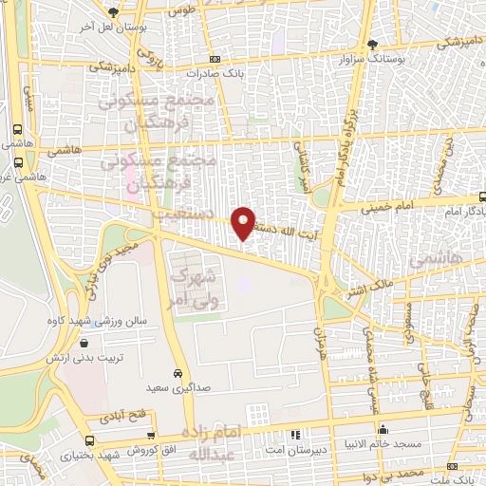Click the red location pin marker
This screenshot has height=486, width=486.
coord(244,222)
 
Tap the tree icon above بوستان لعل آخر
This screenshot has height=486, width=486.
coord(113,12)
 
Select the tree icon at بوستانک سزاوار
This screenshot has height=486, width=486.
coord(375,44)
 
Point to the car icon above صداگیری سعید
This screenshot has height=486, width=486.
coord(178,373)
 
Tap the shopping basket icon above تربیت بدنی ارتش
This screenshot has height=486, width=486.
coord(84,344)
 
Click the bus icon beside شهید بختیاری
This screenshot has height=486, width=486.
coord(89,441)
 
